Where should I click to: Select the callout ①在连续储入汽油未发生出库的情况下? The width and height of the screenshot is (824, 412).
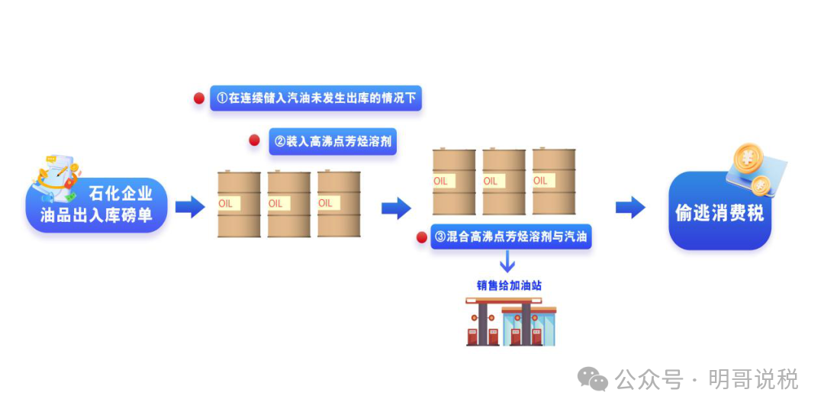pyautogui.click(x=315, y=98)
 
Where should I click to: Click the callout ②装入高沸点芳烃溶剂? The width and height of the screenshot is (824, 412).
pyautogui.click(x=333, y=141)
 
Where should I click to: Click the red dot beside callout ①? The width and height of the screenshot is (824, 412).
pyautogui.click(x=199, y=98)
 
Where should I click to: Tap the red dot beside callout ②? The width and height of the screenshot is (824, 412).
pyautogui.click(x=255, y=140)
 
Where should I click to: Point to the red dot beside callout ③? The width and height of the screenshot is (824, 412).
pyautogui.click(x=421, y=237)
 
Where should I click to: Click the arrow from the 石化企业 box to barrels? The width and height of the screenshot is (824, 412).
pyautogui.click(x=190, y=207)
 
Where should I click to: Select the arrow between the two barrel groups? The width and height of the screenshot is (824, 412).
pyautogui.click(x=396, y=207)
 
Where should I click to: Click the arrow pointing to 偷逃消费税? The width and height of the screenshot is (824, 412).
pyautogui.click(x=630, y=207)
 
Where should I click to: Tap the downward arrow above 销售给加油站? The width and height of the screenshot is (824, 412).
pyautogui.click(x=507, y=262)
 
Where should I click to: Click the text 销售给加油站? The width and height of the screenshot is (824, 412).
pyautogui.click(x=509, y=285)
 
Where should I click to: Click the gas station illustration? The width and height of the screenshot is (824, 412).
pyautogui.click(x=510, y=321)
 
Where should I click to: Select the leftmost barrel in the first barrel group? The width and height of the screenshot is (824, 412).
pyautogui.click(x=239, y=204)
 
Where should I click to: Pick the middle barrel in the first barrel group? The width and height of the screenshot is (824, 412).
pyautogui.click(x=288, y=204)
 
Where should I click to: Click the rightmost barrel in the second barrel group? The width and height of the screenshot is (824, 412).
pyautogui.click(x=554, y=182)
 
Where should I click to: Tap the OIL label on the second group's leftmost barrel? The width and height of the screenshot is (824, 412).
pyautogui.click(x=441, y=181)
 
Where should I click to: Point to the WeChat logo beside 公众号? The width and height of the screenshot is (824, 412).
pyautogui.click(x=592, y=378)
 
